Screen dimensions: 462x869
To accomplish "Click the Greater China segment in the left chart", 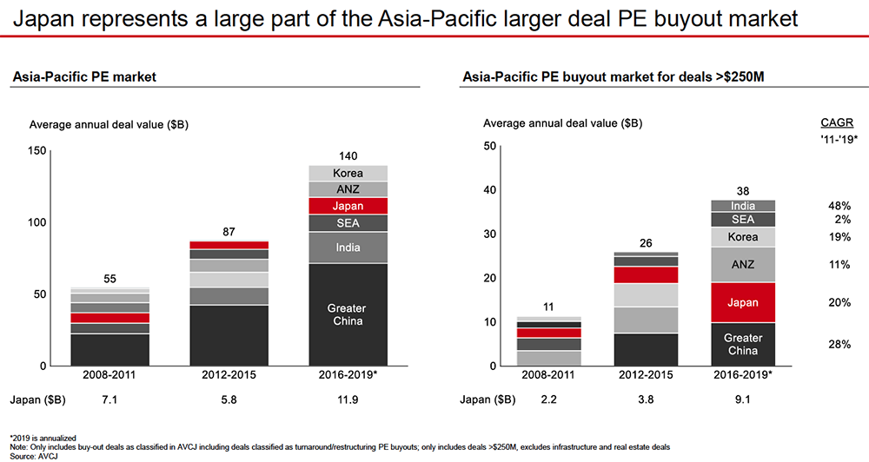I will [x=347, y=314].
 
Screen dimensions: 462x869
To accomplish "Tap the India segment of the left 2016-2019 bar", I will [x=347, y=248].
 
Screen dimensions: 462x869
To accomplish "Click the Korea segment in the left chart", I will [x=347, y=173].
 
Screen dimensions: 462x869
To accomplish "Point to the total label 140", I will [x=347, y=156].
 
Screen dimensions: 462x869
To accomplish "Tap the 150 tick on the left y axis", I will [x=38, y=150].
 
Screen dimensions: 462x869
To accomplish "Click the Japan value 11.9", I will [x=347, y=400].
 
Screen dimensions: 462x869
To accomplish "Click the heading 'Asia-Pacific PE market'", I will [x=83, y=77].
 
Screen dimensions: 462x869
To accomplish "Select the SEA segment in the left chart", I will [x=347, y=223].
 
